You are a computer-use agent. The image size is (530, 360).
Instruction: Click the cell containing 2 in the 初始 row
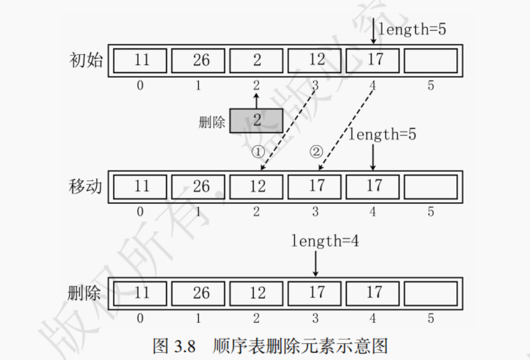tap(256, 60)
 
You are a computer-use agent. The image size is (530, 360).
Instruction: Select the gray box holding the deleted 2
tap(256, 120)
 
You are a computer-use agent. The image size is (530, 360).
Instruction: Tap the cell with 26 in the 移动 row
tap(199, 187)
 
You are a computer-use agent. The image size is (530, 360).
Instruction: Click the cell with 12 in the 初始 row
tap(315, 60)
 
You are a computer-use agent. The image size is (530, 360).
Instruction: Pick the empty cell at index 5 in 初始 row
tap(430, 60)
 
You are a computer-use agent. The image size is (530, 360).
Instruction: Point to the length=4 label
tap(325, 241)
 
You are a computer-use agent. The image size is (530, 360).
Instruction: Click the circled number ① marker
tap(258, 152)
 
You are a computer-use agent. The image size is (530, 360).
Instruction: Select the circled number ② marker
tap(316, 152)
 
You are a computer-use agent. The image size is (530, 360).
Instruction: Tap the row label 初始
tap(85, 60)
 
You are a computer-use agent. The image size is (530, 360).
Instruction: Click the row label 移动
tap(85, 187)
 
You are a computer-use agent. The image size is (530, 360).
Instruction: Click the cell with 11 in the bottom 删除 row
tap(141, 293)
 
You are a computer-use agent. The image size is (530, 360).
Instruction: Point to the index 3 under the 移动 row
tap(315, 212)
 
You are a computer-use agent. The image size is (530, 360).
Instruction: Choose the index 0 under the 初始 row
tap(141, 86)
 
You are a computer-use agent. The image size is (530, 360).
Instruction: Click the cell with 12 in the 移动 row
tap(257, 187)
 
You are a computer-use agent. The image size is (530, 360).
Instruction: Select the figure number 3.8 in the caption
tap(184, 346)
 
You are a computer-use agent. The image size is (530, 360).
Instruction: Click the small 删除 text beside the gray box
tap(211, 122)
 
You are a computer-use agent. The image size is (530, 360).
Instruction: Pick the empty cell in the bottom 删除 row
tap(430, 293)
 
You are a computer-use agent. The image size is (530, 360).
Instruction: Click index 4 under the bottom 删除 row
tap(373, 318)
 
